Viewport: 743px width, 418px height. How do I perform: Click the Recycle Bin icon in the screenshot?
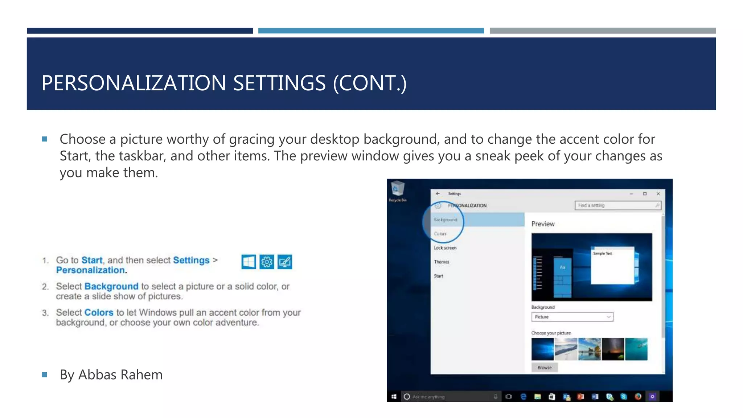398,189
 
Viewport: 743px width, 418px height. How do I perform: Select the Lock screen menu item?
445,248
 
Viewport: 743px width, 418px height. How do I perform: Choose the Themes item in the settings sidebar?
442,262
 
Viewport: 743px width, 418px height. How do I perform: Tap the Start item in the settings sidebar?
438,276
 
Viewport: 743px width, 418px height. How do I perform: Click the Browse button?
544,368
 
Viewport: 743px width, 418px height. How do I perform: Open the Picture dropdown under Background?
572,317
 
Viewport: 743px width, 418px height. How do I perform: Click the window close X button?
658,194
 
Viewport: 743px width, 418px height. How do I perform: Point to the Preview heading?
543,224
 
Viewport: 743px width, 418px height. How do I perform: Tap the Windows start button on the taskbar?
394,397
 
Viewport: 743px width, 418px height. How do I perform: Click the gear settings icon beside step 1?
267,262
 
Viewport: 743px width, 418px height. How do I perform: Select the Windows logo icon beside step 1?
249,262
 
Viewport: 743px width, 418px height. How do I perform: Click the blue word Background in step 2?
111,286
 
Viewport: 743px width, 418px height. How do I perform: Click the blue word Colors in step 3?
99,312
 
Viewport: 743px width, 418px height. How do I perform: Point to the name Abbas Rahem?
120,375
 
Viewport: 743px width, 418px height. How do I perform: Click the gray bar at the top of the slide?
603,31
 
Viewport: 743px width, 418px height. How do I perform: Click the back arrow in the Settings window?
438,194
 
